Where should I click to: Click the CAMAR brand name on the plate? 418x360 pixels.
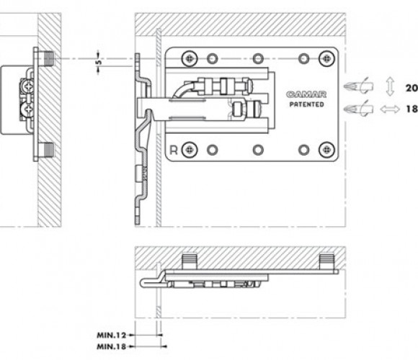pyautogui.click(x=306, y=94)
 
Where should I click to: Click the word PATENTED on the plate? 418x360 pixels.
pyautogui.click(x=307, y=104)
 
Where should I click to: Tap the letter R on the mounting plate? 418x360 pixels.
pyautogui.click(x=174, y=150)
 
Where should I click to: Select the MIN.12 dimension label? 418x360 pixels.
pyautogui.click(x=112, y=336)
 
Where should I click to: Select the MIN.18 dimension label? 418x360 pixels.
pyautogui.click(x=112, y=347)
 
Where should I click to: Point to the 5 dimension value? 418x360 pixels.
pyautogui.click(x=99, y=63)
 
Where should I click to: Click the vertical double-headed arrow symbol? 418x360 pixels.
pyautogui.click(x=390, y=86)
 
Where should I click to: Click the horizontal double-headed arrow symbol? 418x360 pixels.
pyautogui.click(x=390, y=109)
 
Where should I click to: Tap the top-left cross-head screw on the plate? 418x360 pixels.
pyautogui.click(x=190, y=58)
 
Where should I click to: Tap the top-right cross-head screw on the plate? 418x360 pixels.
pyautogui.click(x=326, y=58)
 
